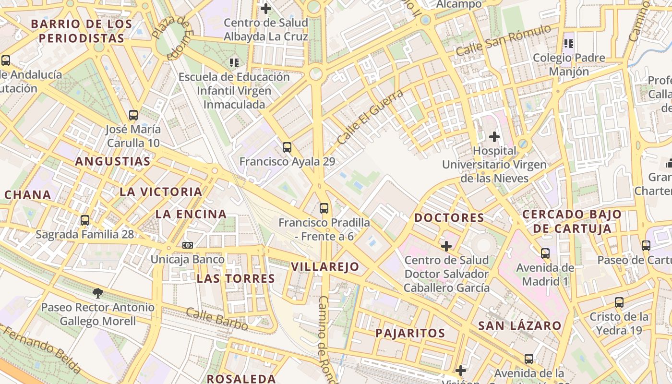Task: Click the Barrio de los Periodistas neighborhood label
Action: (81, 31)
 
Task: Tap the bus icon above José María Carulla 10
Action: (133, 115)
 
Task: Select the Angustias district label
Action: (113, 161)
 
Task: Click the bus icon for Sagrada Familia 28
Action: (85, 220)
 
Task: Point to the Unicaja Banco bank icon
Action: (188, 245)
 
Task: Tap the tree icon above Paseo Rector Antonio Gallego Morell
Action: (98, 293)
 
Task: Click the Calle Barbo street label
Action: (217, 320)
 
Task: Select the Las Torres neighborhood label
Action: (236, 278)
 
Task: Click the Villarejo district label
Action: (325, 267)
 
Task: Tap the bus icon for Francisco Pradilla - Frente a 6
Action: (324, 208)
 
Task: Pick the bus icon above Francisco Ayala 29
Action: (287, 147)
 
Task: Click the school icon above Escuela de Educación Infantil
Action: (234, 62)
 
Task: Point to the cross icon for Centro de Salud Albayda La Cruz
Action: (266, 8)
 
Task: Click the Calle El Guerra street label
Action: (370, 117)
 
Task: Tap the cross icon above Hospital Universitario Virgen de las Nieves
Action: (494, 137)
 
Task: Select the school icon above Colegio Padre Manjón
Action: (569, 44)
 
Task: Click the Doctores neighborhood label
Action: (449, 217)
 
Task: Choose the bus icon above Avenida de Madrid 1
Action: (545, 253)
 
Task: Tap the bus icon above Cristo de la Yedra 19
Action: (619, 302)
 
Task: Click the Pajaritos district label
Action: (410, 333)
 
